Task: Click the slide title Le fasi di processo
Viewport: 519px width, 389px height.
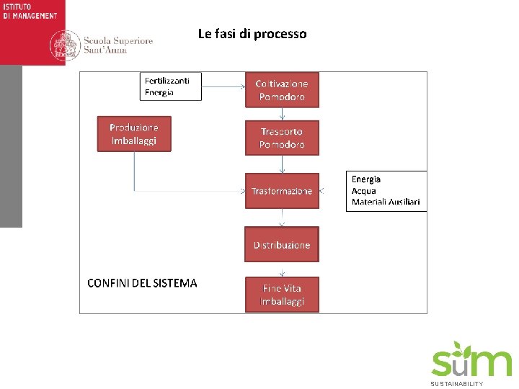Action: pyautogui.click(x=252, y=34)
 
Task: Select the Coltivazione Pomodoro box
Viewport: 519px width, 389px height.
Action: pyautogui.click(x=282, y=90)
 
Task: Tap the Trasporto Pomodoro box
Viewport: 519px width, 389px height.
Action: pyautogui.click(x=282, y=138)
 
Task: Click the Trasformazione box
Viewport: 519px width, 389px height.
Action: pyautogui.click(x=282, y=191)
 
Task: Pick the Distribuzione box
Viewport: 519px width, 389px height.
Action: pyautogui.click(x=282, y=245)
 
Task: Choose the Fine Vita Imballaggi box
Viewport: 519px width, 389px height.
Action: pyautogui.click(x=282, y=295)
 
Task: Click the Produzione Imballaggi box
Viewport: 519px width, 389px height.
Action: pyautogui.click(x=134, y=134)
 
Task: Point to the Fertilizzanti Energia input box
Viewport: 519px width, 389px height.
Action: pyautogui.click(x=171, y=86)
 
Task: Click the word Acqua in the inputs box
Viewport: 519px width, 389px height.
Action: pyautogui.click(x=364, y=191)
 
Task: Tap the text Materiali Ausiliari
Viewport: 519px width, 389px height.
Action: pyautogui.click(x=386, y=202)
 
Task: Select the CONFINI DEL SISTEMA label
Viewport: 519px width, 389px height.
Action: pyautogui.click(x=142, y=283)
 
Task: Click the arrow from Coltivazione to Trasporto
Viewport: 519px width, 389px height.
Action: pyautogui.click(x=282, y=114)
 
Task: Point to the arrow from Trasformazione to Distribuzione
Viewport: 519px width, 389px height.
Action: pyautogui.click(x=282, y=218)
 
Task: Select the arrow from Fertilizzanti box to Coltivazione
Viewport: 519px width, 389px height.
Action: pyautogui.click(x=223, y=87)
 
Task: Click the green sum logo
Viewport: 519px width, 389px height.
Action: pyautogui.click(x=471, y=360)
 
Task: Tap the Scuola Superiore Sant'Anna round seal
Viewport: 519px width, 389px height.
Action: pyautogui.click(x=65, y=45)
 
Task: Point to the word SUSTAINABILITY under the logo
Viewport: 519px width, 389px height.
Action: pyautogui.click(x=457, y=384)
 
